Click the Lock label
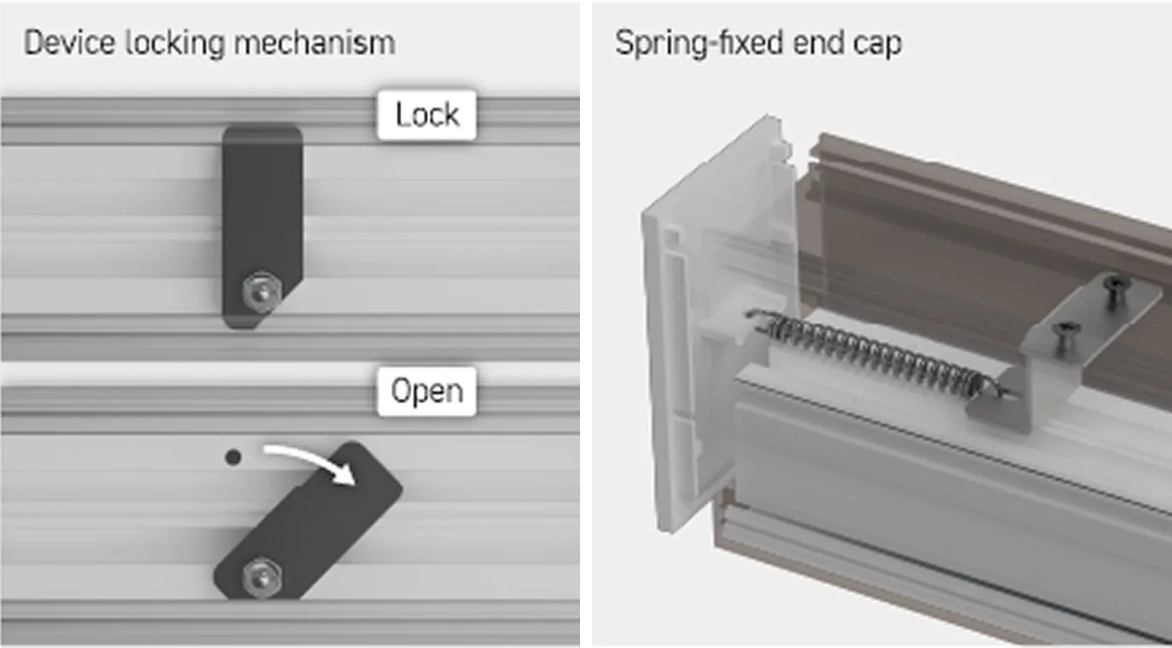[427, 115]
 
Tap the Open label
[427, 391]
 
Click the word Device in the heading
[70, 43]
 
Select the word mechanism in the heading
[314, 43]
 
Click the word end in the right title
[818, 43]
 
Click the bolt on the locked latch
[262, 292]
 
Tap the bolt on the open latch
[262, 578]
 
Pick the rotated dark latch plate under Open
[309, 520]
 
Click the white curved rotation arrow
[314, 456]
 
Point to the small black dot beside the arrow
[233, 458]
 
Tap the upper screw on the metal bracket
[1117, 289]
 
